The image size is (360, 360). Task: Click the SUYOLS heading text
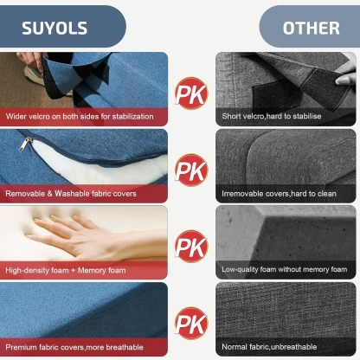55,29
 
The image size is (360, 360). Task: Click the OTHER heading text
311,29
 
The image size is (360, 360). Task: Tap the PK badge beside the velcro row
191,93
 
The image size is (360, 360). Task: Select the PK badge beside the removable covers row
191,170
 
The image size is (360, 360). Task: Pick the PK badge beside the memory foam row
191,246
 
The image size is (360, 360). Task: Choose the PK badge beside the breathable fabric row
191,323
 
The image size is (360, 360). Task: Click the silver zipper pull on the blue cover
25,144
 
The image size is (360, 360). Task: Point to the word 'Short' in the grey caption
231,116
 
